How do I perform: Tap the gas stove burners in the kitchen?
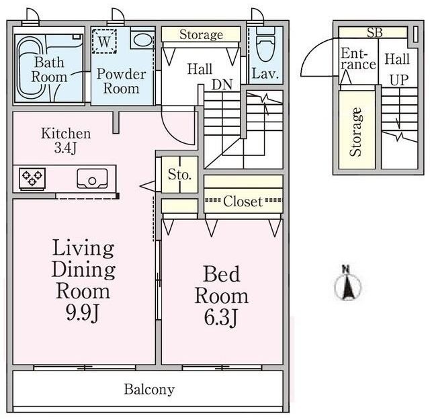(x=32, y=177)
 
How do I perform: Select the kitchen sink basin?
(x=92, y=179)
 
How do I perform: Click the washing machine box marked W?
(x=104, y=41)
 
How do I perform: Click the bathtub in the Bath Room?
(x=31, y=69)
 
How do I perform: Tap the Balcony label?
(x=149, y=390)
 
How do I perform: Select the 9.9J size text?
(x=82, y=312)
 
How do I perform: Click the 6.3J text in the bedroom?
(x=220, y=317)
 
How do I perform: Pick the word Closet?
(x=243, y=202)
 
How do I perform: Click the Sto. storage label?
(x=179, y=175)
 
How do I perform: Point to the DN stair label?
(x=222, y=85)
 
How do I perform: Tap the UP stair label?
(x=399, y=80)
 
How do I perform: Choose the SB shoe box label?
(x=375, y=33)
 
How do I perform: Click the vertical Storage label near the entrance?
(x=355, y=132)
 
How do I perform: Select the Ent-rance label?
(x=358, y=59)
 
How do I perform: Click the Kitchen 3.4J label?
(x=66, y=140)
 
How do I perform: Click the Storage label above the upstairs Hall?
(x=201, y=34)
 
